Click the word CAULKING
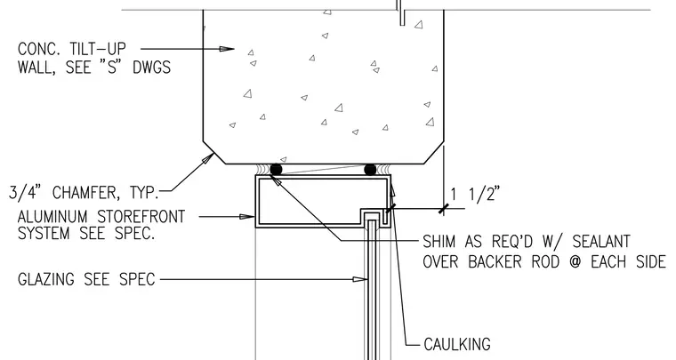point(457,344)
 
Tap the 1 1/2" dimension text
point(475,195)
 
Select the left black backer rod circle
point(276,169)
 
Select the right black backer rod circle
point(370,169)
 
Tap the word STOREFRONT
point(141,217)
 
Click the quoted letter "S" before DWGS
point(112,68)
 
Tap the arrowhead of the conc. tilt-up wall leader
point(227,49)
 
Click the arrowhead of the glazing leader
point(360,279)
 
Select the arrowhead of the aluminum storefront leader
point(247,217)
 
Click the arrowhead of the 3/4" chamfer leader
point(208,158)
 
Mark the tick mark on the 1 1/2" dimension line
point(444,209)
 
